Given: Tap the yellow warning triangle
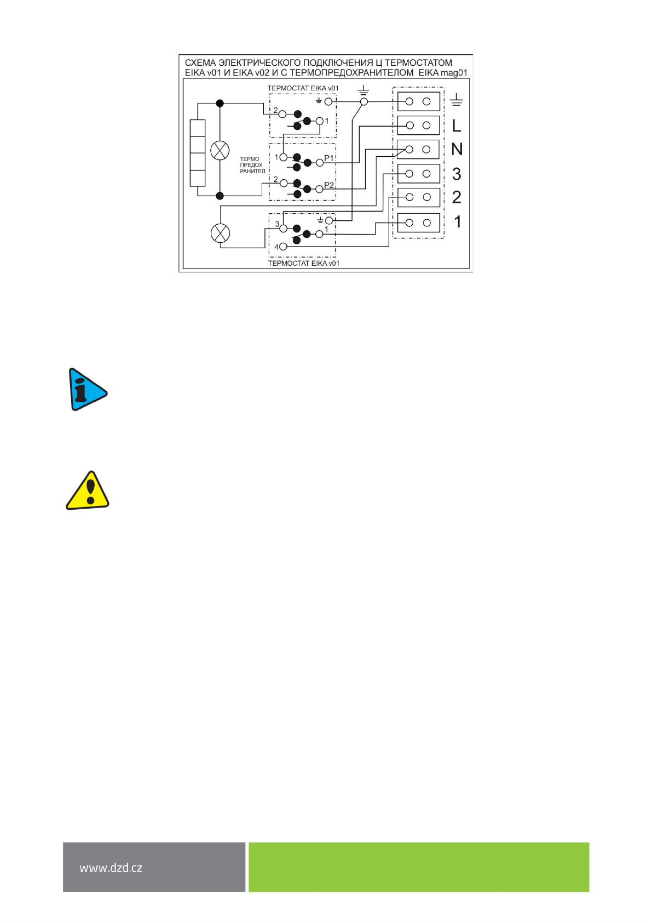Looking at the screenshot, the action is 88,491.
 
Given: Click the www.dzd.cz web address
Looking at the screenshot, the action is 111,868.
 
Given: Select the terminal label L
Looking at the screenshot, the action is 457,126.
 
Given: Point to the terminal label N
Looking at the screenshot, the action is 457,149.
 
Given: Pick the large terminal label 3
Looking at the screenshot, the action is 457,174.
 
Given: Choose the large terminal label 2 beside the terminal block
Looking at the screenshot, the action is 457,197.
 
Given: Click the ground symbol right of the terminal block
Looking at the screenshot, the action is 456,100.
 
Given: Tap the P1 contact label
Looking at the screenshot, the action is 329,158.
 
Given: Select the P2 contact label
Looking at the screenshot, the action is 329,185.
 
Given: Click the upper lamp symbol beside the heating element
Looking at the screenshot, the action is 220,150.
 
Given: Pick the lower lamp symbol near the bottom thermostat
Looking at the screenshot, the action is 221,233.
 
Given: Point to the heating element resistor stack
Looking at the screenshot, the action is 197,153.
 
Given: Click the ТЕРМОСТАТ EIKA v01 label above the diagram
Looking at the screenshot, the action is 303,88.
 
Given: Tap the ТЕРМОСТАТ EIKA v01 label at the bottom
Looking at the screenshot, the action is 303,263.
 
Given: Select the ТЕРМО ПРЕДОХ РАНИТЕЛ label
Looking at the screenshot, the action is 252,165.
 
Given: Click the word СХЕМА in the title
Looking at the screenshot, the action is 200,63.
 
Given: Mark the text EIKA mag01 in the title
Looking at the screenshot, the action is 443,72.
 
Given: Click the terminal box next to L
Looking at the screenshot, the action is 418,126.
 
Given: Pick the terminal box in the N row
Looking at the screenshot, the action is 418,149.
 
